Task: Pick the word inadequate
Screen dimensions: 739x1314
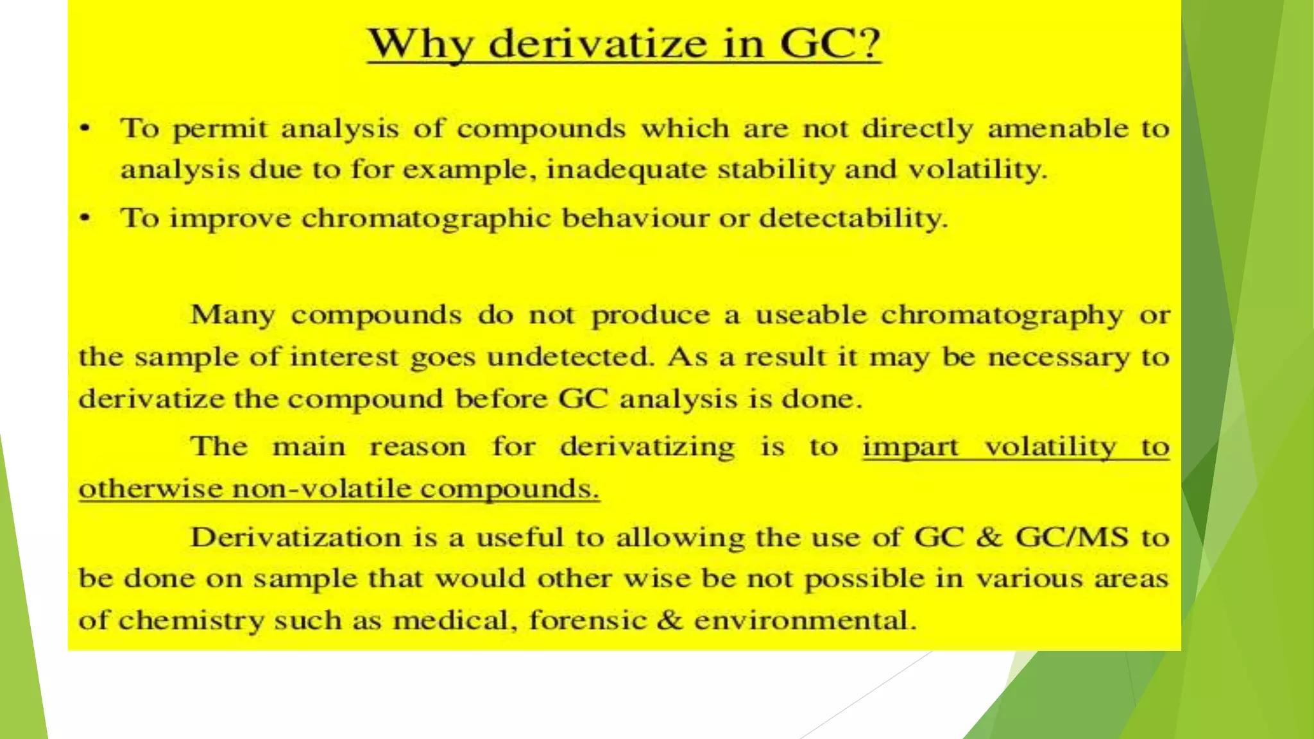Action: (x=626, y=170)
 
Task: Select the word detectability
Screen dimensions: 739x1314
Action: (x=853, y=218)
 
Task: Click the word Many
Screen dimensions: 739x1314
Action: (x=233, y=315)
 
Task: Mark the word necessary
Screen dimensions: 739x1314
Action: (x=1059, y=357)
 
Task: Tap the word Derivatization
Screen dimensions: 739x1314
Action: (x=295, y=537)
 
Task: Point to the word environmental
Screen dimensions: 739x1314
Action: (x=805, y=620)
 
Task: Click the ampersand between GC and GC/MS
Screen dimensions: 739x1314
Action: (x=989, y=537)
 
